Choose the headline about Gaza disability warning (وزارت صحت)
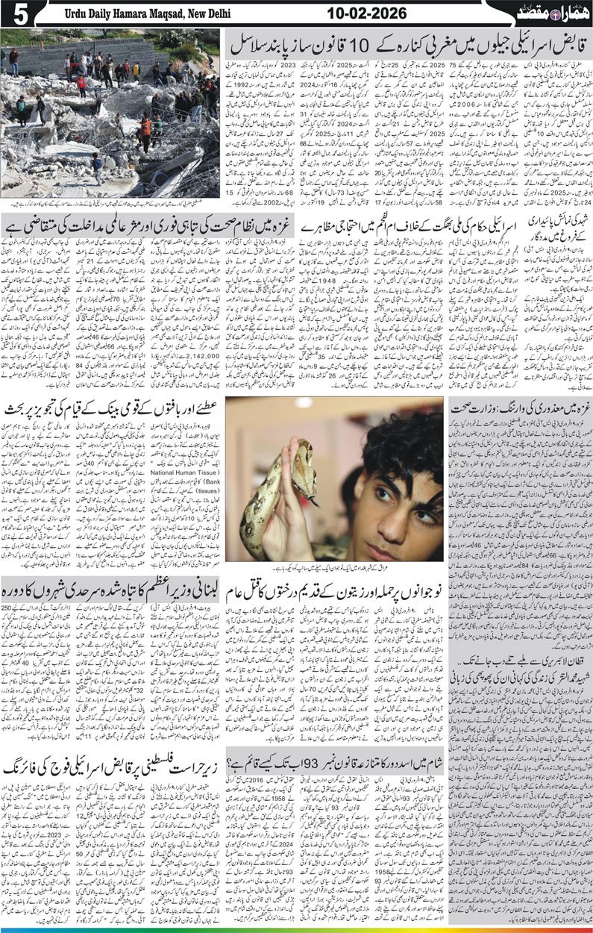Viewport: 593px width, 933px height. tap(522, 407)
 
